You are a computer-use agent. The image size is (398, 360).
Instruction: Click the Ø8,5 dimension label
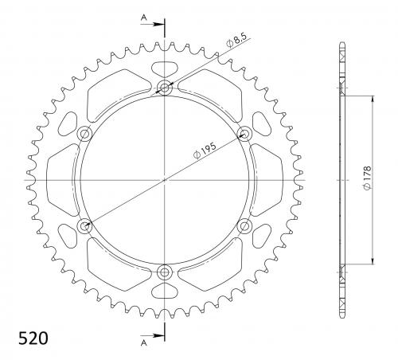(236, 40)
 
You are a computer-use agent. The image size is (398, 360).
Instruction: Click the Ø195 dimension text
(205, 151)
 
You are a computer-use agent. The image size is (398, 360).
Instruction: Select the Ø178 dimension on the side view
(367, 178)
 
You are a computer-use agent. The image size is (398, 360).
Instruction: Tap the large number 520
(33, 338)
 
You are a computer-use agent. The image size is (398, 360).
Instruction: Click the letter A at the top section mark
(143, 18)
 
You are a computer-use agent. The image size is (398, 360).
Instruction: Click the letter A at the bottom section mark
(143, 342)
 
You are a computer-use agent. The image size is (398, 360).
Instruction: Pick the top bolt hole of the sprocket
(165, 87)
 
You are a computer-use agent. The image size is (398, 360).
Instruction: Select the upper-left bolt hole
(84, 134)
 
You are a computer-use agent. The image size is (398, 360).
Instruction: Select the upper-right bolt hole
(244, 133)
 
